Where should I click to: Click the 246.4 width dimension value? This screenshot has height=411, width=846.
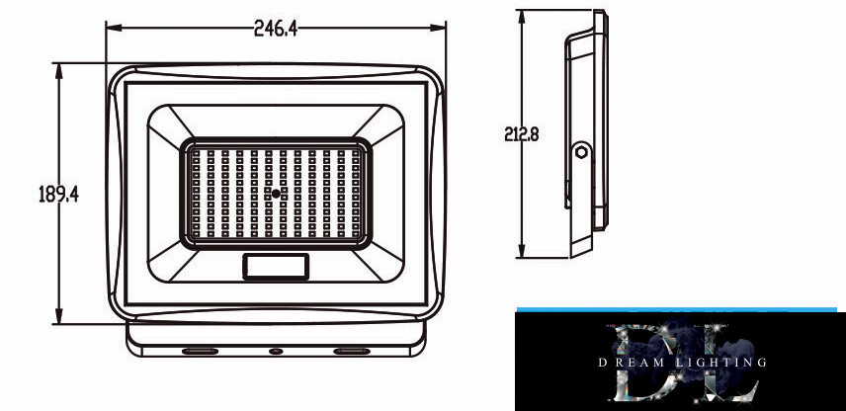pos(276,28)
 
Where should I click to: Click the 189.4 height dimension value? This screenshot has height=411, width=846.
pos(59,194)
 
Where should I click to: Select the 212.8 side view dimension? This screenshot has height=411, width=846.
pos(522,133)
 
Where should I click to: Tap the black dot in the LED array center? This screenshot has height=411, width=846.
pos(276,194)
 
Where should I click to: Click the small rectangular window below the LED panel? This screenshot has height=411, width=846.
pos(276,267)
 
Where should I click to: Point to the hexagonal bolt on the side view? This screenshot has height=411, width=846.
pos(581,151)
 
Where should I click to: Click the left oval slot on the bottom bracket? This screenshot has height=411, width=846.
pos(201,351)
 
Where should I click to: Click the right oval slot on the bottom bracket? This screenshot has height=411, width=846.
pos(352,351)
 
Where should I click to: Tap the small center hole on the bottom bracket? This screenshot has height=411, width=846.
pos(276,351)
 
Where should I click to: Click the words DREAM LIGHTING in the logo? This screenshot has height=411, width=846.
pos(683,363)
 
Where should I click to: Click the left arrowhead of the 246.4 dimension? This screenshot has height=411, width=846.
pos(114,28)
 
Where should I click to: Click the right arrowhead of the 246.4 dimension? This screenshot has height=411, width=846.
pos(438,28)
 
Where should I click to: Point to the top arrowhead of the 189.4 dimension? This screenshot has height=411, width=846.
pos(59,71)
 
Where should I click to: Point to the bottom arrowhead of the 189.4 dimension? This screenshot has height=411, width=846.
pos(59,316)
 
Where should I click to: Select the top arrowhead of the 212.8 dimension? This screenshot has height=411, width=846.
pos(522,18)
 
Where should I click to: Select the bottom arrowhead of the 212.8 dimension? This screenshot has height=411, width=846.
pos(522,250)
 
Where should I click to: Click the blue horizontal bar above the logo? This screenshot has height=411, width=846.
pos(677,309)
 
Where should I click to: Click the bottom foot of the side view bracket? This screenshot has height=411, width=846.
pos(581,248)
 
